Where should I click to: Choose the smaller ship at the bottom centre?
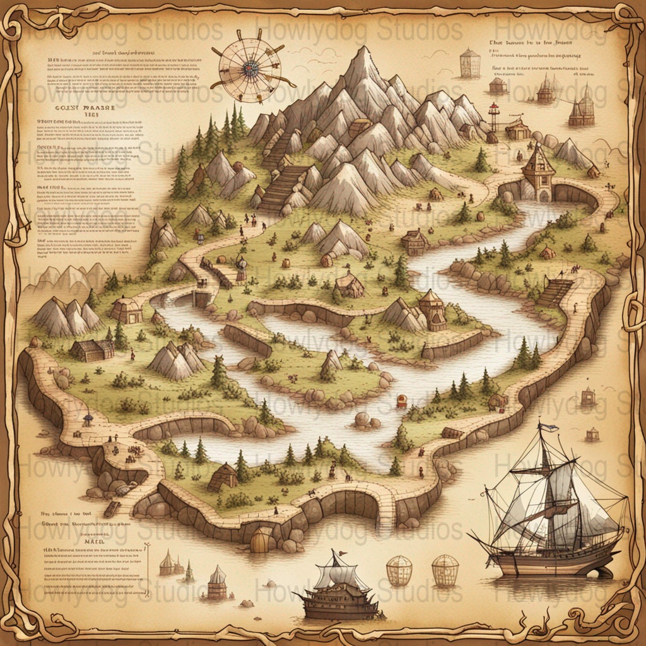tap(339, 590)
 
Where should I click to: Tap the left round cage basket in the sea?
tap(399, 570)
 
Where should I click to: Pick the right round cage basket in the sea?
tap(445, 570)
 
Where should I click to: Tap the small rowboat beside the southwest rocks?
tap(112, 508)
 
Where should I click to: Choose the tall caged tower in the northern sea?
tap(469, 63)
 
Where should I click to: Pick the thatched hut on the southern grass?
tap(222, 477)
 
